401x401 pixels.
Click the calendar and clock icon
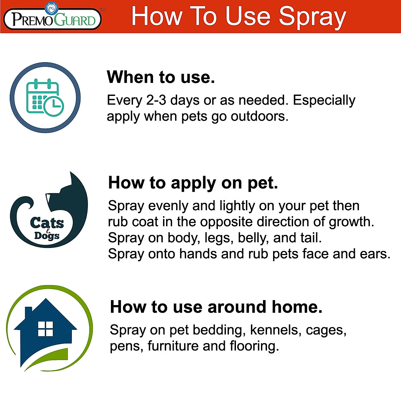[x=45, y=98]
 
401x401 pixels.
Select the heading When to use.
[x=161, y=77]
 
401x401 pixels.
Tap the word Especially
[x=324, y=101]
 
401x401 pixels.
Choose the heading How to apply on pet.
[x=193, y=183]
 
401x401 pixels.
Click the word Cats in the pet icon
[x=47, y=223]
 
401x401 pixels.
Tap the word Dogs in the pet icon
[x=47, y=236]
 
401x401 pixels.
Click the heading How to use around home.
[x=216, y=307]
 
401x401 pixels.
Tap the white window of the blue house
[x=45, y=329]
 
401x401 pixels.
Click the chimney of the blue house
[x=28, y=312]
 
